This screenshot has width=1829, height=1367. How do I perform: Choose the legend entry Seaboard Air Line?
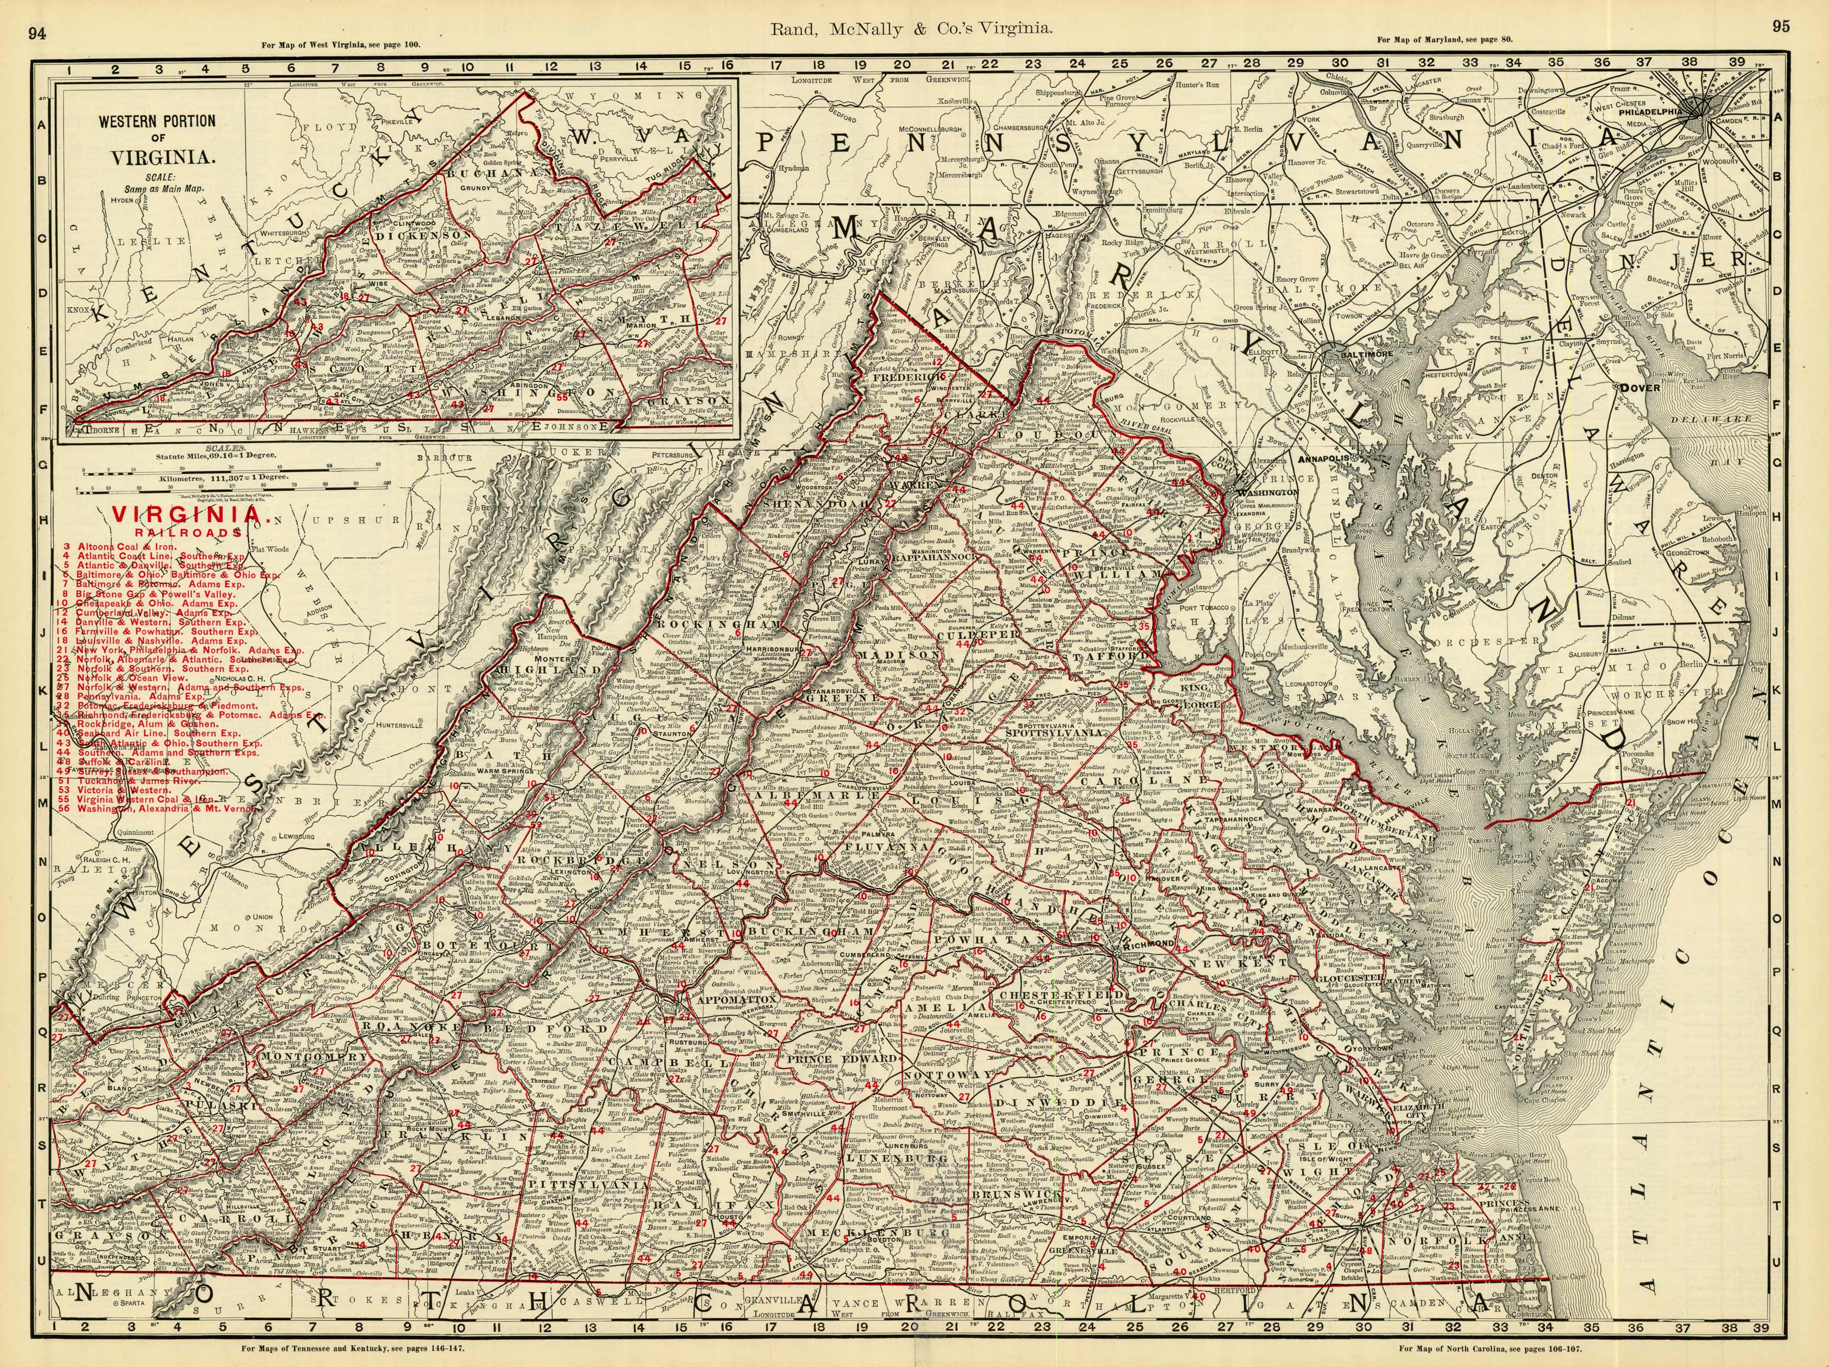[x=157, y=733]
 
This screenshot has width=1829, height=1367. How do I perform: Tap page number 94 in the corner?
[x=37, y=32]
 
